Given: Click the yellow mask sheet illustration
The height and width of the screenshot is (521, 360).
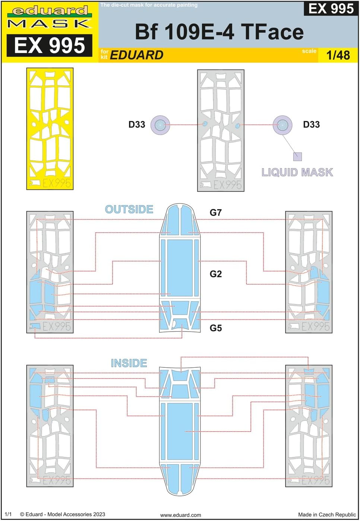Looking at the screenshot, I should tap(50, 129).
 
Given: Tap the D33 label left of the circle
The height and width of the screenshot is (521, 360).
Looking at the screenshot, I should tap(137, 125).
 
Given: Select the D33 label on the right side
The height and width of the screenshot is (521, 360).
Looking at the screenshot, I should tap(311, 125).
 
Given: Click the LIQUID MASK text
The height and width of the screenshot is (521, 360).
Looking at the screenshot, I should tap(297, 172).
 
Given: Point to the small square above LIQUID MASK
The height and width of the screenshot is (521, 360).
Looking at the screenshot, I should tap(297, 156).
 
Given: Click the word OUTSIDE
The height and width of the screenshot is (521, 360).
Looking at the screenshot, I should tap(129, 209).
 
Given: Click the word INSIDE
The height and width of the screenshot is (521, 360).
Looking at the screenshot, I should tap(129, 363).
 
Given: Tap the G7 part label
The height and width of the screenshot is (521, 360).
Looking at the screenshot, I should tap(216, 213).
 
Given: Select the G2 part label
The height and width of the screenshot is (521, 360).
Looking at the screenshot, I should tap(216, 274).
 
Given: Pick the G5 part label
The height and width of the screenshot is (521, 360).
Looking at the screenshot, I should tap(216, 328).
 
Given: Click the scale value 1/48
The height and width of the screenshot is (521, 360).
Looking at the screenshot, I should tap(338, 55).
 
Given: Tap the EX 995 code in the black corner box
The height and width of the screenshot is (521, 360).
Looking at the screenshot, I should tap(331, 8).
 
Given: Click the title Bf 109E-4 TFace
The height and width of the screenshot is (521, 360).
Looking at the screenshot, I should tap(219, 32).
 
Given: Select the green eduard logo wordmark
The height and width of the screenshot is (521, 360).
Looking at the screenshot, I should tap(50, 10).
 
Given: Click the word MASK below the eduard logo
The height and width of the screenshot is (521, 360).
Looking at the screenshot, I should tap(50, 24).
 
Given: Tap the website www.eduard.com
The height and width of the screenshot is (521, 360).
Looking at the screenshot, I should tap(180, 515).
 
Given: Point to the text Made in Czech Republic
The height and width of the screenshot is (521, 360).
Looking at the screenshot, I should tap(327, 515).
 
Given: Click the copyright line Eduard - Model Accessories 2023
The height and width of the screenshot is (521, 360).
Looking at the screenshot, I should tap(63, 514).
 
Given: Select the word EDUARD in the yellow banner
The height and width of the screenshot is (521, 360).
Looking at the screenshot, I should tap(137, 55).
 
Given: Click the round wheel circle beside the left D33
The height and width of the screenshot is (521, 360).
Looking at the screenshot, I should tap(160, 125).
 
